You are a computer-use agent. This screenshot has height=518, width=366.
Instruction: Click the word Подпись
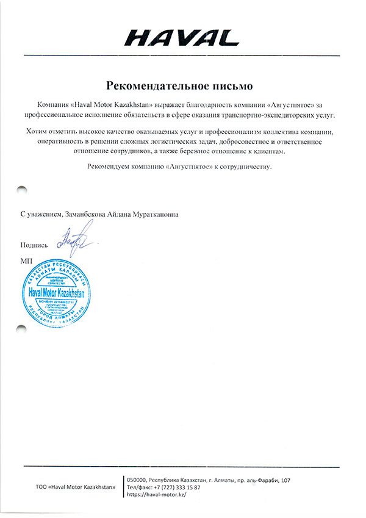(x=34, y=245)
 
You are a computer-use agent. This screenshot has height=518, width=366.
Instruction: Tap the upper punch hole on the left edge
(x=23, y=191)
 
